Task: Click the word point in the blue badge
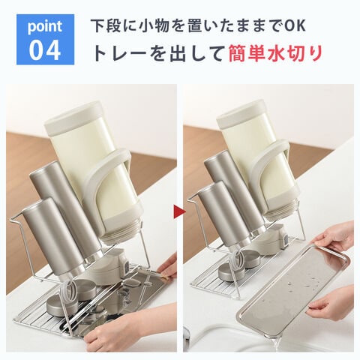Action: point(45,27)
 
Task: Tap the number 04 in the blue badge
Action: point(45,50)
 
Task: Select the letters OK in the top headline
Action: point(295,25)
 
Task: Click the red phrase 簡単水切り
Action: point(275,52)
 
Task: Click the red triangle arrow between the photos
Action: point(179,211)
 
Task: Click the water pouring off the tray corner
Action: point(278,343)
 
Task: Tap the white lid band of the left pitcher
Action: point(73,115)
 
